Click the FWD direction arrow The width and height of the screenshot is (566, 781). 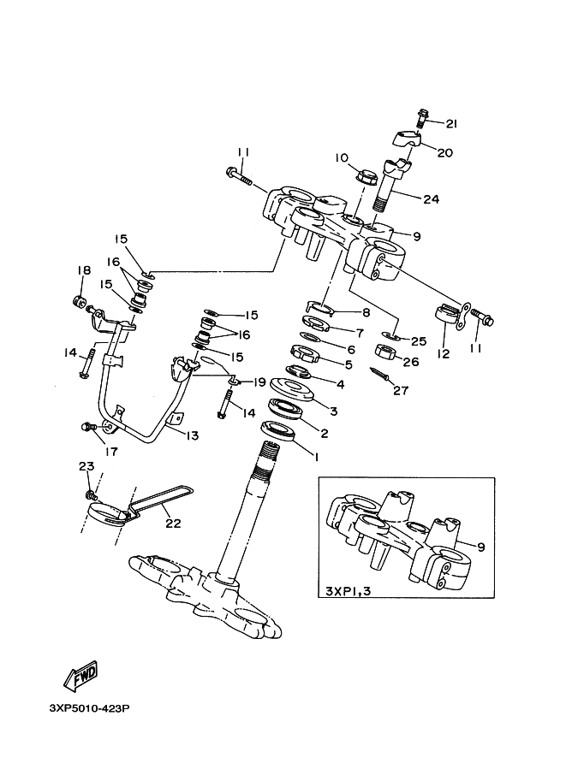pos(80,676)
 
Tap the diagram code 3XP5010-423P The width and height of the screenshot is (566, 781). pos(90,707)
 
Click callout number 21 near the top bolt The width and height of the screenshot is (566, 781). pos(451,123)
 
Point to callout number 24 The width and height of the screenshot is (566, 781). pos(431,199)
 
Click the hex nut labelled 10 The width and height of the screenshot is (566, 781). pos(367,176)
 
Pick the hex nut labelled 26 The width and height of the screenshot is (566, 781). pos(385,352)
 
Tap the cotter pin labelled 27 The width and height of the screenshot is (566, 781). pos(379,374)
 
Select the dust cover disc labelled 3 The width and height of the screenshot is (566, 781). pos(292,390)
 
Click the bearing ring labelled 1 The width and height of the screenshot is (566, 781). pos(277,431)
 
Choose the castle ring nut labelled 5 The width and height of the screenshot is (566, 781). pos(303,352)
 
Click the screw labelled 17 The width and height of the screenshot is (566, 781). pos(90,427)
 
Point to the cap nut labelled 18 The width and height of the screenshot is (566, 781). pos(80,301)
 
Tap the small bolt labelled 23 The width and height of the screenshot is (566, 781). pos(92,495)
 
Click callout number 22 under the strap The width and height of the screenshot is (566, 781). pos(173,524)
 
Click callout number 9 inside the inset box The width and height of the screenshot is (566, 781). pos(480,547)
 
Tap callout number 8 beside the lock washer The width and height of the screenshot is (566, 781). pos(366,313)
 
